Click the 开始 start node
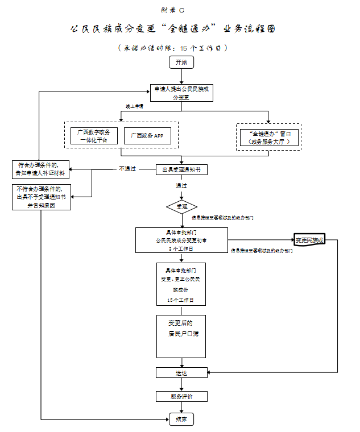tap(181, 62)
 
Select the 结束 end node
tap(181, 419)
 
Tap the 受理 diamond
tap(181, 206)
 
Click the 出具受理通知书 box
tap(181, 169)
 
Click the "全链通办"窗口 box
tap(268, 136)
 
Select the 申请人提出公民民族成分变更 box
tap(181, 93)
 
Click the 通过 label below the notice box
tap(181, 185)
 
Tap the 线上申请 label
tap(134, 106)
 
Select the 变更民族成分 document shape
tap(309, 240)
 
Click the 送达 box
tap(181, 373)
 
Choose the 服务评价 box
tap(181, 396)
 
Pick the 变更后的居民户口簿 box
tap(181, 336)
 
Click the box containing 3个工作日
tap(181, 240)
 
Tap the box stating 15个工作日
tap(181, 284)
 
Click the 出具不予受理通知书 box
tap(42, 197)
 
